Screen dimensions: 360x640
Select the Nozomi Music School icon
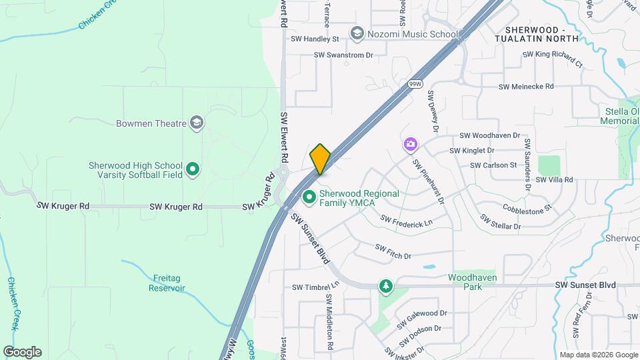coord(357,34)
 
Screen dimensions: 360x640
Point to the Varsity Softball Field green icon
coord(193,170)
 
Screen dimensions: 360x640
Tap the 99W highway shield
coord(414,84)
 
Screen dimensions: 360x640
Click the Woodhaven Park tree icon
coord(385,286)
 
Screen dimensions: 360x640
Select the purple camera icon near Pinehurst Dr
coord(409,144)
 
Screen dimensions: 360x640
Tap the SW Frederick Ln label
coord(406,219)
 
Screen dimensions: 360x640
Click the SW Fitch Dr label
coord(393,251)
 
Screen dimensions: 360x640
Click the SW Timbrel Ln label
coord(316,287)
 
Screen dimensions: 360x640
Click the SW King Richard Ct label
coord(552,59)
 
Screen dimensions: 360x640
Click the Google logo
coord(22,352)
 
